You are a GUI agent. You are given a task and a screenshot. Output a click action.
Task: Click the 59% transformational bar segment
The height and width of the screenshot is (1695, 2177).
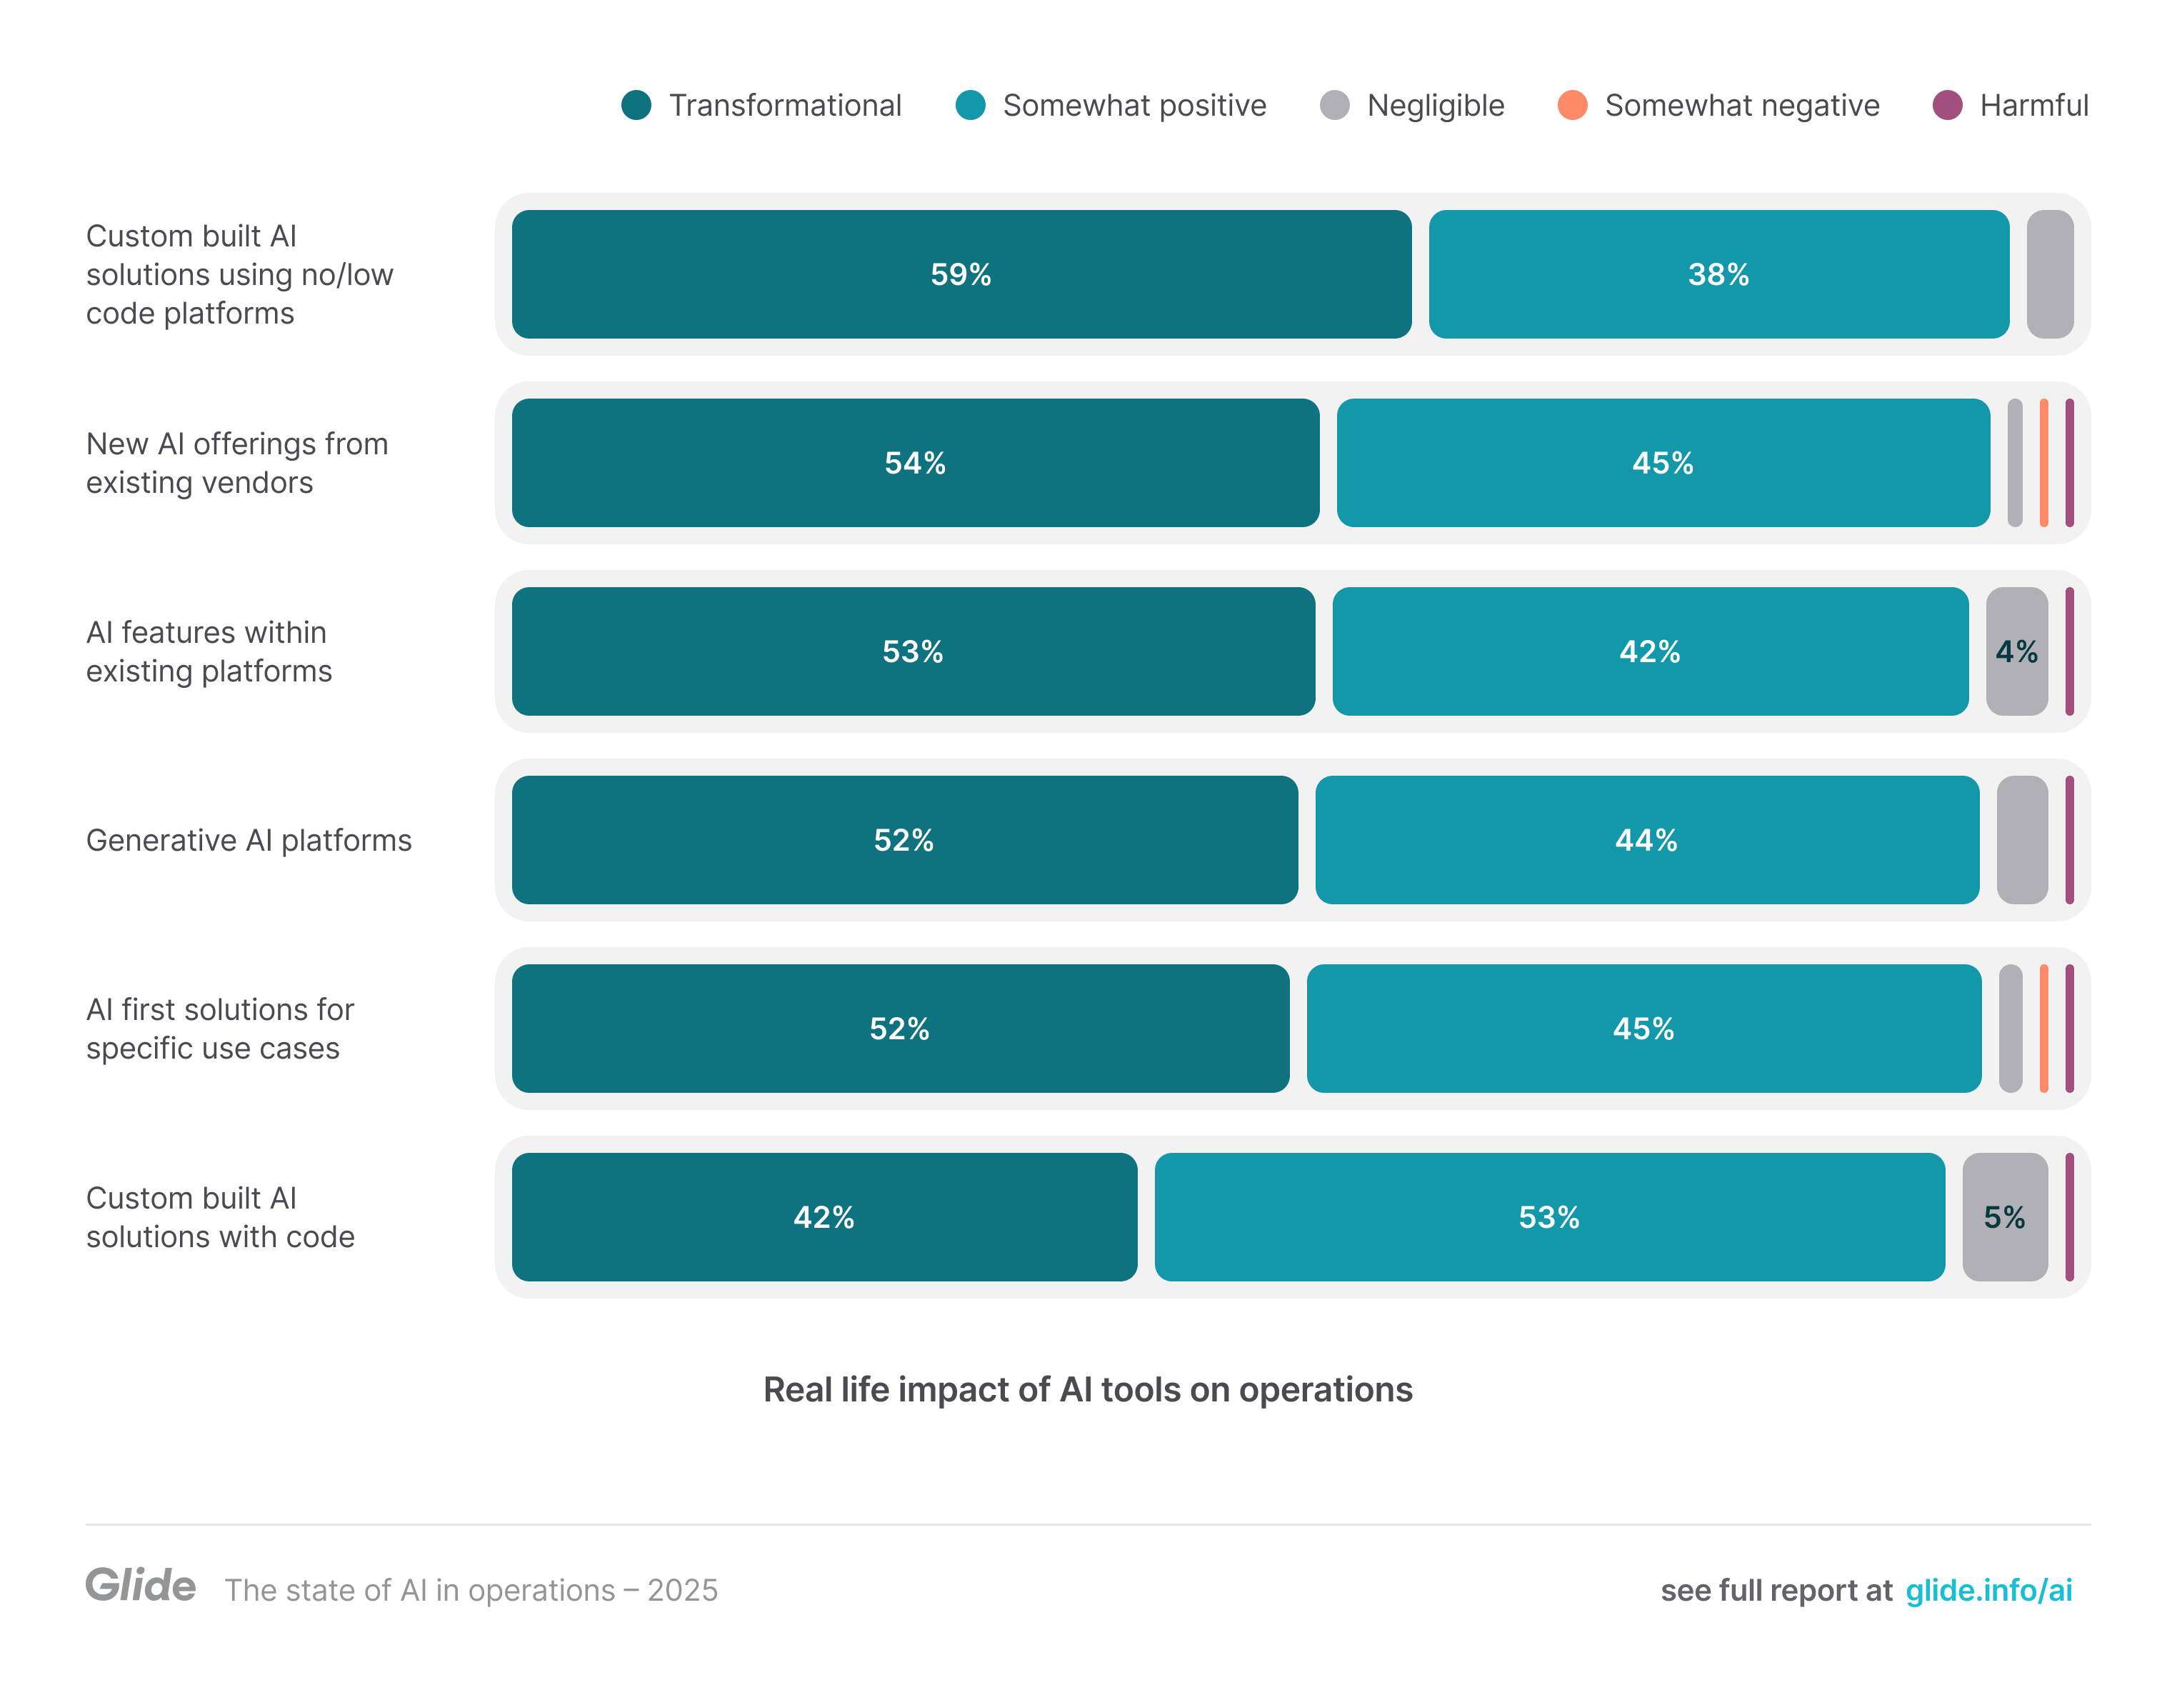961,274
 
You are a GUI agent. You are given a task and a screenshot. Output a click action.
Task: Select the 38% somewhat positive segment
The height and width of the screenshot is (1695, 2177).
1718,274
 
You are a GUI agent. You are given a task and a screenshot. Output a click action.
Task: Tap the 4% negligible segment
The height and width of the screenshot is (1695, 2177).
2016,651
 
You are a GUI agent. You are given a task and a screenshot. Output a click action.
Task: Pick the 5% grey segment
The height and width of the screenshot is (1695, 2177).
2003,1216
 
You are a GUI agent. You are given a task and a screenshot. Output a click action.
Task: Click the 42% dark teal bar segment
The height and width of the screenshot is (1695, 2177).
824,1216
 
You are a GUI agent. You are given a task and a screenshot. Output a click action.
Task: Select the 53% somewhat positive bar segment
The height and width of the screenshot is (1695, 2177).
1549,1216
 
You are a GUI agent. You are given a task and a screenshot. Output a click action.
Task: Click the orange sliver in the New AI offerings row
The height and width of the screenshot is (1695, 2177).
2043,463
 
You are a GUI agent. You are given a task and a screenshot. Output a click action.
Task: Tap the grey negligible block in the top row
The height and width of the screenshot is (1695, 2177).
2049,274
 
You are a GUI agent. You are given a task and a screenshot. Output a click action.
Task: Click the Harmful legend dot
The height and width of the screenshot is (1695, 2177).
1947,105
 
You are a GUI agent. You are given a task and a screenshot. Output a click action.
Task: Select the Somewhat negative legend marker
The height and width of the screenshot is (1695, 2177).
1572,105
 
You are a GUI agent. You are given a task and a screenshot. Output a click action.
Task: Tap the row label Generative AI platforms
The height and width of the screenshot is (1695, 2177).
249,839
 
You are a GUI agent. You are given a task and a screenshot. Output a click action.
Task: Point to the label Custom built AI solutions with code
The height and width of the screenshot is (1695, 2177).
219,1216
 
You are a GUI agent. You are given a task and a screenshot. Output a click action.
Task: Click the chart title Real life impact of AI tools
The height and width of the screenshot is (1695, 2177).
1088,1389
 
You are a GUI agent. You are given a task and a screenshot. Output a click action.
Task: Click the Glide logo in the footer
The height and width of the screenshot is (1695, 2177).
141,1585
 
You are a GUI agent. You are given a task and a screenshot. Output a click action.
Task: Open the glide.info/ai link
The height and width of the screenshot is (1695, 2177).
1988,1589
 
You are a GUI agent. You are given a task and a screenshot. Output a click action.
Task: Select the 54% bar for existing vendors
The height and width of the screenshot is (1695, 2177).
914,463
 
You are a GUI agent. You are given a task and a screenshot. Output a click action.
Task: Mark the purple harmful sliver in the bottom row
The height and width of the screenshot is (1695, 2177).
2069,1216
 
